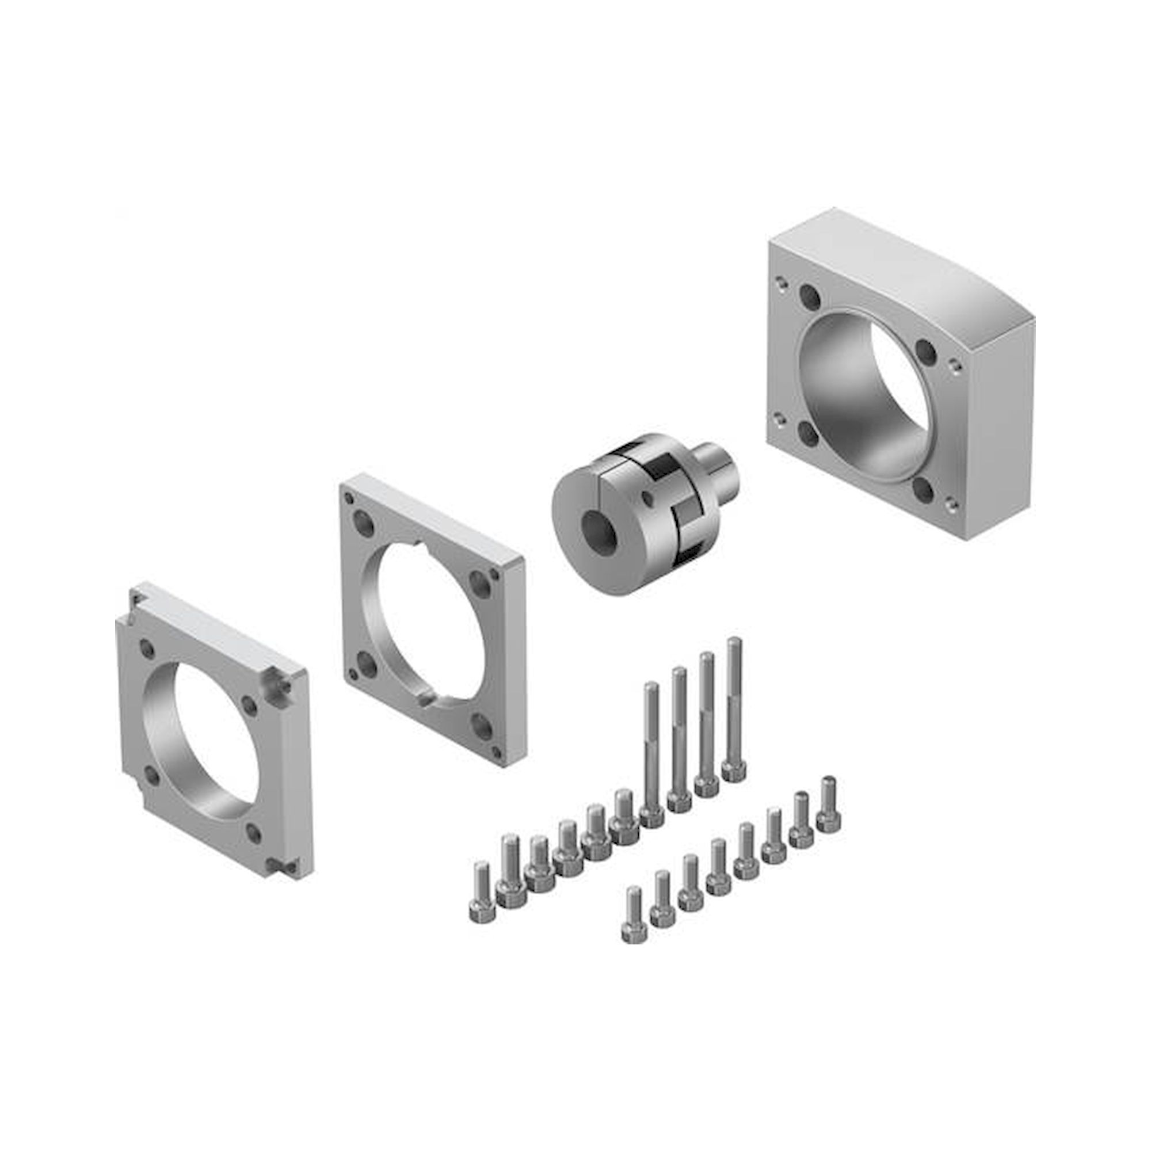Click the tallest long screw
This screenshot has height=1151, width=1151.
[x=734, y=709]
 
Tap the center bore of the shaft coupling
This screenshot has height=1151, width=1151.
[x=596, y=527]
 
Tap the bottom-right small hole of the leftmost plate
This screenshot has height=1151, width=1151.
[x=255, y=832]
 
